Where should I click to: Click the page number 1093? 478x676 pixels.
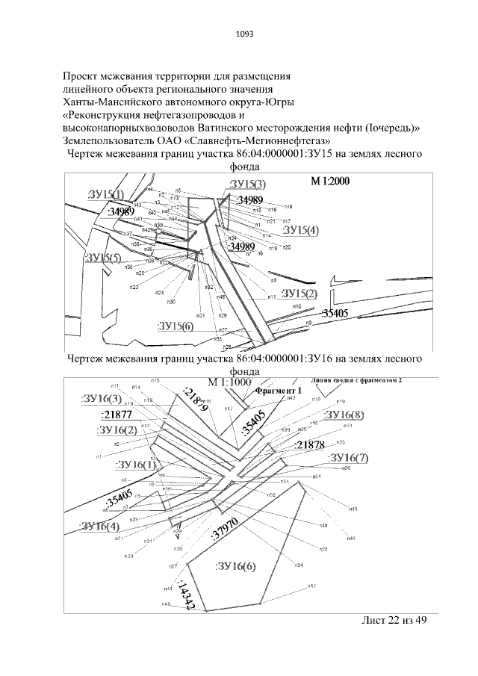tap(239, 34)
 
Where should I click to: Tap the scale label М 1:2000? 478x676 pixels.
tap(330, 181)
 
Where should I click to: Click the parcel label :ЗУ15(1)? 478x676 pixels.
tap(106, 195)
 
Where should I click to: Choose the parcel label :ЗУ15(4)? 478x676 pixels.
tap(301, 230)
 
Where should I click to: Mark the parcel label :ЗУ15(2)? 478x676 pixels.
tap(300, 292)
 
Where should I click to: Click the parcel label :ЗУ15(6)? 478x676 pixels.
tap(176, 326)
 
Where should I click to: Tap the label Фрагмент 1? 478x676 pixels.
tap(278, 391)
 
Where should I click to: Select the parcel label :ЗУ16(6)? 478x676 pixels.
tap(235, 566)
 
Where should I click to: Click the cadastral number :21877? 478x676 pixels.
tap(117, 415)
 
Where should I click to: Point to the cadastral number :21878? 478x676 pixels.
tap(309, 445)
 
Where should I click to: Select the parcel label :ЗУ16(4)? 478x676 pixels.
tap(99, 527)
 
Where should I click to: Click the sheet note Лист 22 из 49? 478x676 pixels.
tap(393, 621)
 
